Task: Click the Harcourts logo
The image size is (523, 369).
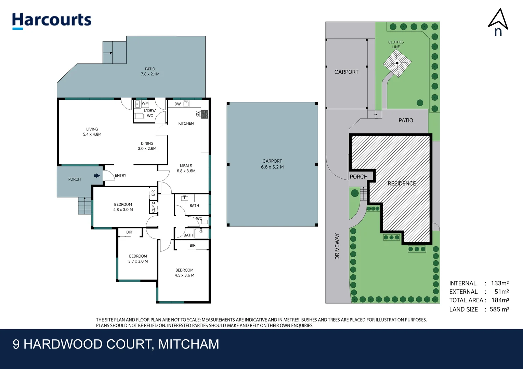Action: [x=52, y=20]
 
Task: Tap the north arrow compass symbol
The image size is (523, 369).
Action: [x=498, y=22]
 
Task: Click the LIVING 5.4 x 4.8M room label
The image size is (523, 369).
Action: [x=92, y=132]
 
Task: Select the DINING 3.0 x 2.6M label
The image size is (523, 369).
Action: [x=147, y=146]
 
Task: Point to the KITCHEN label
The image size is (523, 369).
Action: [x=186, y=123]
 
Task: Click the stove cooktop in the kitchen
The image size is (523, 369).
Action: [x=205, y=114]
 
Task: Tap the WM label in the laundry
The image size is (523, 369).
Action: [x=145, y=103]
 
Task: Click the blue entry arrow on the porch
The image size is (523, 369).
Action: [x=97, y=176]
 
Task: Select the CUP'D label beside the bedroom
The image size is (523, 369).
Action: [x=153, y=207]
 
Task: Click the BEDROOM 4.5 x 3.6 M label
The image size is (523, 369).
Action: [x=184, y=273]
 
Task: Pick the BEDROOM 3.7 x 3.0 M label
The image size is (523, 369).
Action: [x=138, y=259]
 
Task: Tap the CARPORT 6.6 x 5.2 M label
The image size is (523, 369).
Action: [x=272, y=164]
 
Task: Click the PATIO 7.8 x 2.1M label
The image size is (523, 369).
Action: [x=150, y=71]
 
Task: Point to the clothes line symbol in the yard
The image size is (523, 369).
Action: [x=397, y=63]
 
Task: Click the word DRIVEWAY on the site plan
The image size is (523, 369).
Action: [x=337, y=246]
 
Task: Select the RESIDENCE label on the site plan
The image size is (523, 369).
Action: [x=402, y=183]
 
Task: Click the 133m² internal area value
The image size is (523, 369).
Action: [x=499, y=283]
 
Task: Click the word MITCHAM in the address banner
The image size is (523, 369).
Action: [x=188, y=344]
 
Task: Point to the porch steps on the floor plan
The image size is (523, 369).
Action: [x=84, y=206]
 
